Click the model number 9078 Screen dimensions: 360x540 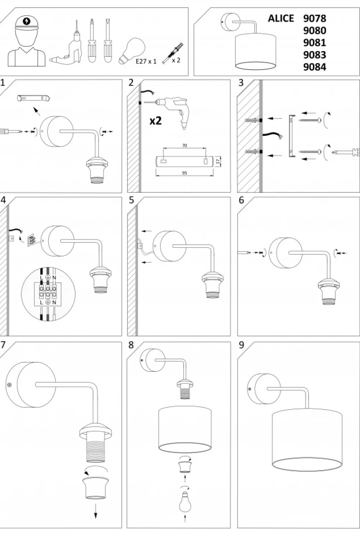pos(314,18)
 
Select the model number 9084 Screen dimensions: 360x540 pos(314,67)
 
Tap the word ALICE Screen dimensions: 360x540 pos(281,18)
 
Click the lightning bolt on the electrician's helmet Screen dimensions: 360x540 pos(26,22)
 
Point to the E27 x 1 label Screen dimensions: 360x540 pos(146,61)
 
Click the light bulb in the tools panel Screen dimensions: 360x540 pos(132,50)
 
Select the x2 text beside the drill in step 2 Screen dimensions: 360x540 pos(156,121)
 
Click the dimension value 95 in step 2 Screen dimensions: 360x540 pos(184,173)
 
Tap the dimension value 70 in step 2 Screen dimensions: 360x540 pos(184,146)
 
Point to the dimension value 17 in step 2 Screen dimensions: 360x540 pos(218,161)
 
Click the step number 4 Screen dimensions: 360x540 pos(3,200)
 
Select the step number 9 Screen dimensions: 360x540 pos(241,345)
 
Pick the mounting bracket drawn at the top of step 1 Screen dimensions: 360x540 pos(33,98)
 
